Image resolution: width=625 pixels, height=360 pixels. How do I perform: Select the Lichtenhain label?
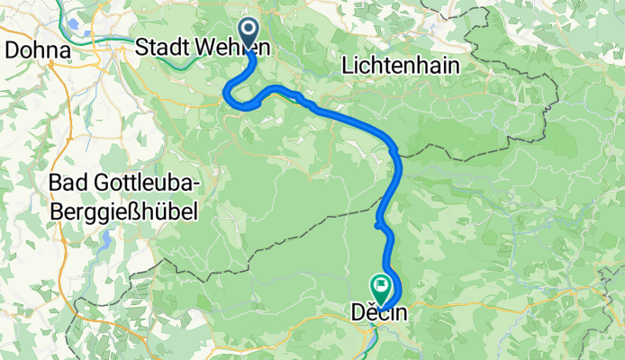401,65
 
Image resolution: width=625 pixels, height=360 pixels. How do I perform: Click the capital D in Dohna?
12,50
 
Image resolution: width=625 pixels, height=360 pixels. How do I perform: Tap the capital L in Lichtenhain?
348,65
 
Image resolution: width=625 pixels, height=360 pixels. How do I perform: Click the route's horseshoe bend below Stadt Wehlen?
232,94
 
